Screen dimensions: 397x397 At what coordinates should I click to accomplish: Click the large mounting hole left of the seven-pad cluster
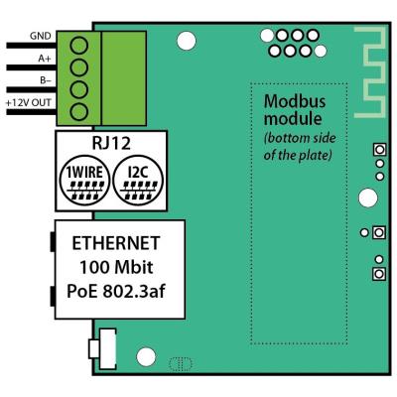pos(185,41)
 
